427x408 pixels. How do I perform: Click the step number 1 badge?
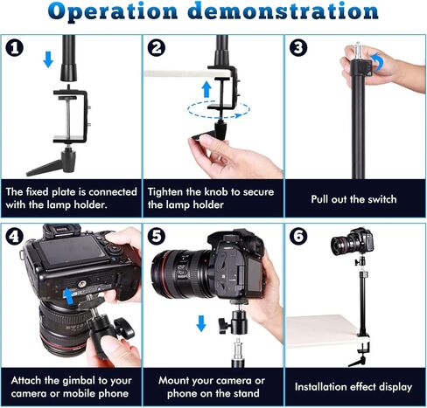coord(15,48)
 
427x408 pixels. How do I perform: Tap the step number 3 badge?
coord(298,48)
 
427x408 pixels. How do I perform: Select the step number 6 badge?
coord(298,236)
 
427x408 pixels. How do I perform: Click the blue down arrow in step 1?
coord(48,59)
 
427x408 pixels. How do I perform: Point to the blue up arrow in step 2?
coord(206,89)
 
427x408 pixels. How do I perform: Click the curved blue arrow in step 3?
coord(377,62)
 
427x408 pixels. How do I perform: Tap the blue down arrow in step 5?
coord(201,323)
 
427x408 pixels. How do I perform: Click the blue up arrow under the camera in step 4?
coord(68,296)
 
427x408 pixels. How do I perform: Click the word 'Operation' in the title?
coord(113,11)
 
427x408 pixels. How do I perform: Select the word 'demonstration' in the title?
coord(283,11)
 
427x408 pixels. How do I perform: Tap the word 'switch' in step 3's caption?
coord(382,199)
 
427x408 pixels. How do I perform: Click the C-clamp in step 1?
coord(71,116)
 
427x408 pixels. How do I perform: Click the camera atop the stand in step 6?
coord(353,242)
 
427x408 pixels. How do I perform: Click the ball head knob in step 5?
coord(226,325)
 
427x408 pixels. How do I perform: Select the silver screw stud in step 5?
coord(239,349)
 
